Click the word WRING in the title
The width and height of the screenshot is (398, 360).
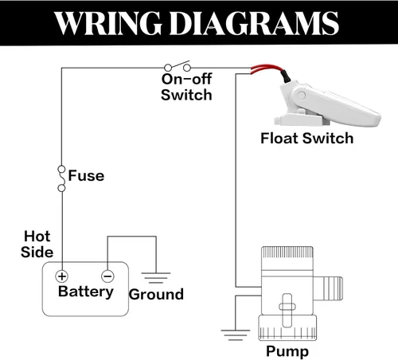click(x=108, y=23)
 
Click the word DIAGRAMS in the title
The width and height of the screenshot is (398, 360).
click(x=254, y=23)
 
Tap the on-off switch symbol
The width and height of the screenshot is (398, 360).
click(x=178, y=66)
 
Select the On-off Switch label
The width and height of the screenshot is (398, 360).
click(x=186, y=87)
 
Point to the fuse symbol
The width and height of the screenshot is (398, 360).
click(x=61, y=178)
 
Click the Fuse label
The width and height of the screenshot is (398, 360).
click(x=86, y=176)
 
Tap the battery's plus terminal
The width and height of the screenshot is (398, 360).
click(x=61, y=276)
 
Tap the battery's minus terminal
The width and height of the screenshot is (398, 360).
click(x=107, y=276)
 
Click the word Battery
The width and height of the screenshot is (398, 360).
click(x=86, y=292)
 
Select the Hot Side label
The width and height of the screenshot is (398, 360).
click(x=37, y=244)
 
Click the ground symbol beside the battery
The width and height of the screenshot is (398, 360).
click(x=156, y=278)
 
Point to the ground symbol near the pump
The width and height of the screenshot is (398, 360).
click(x=236, y=335)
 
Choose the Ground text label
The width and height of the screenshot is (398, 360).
click(x=156, y=295)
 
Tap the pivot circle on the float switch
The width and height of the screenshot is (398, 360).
click(x=302, y=95)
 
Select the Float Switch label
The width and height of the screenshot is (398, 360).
click(x=307, y=139)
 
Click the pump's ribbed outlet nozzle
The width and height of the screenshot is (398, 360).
click(x=328, y=288)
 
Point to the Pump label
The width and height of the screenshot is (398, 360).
click(x=287, y=351)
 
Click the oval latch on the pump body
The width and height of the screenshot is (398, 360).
click(x=287, y=307)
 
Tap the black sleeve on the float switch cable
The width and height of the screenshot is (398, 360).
click(x=286, y=76)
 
